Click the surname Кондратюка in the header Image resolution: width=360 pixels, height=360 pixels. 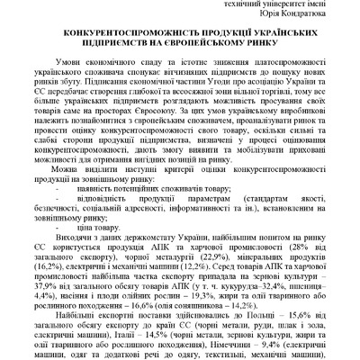pos(305,19)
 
